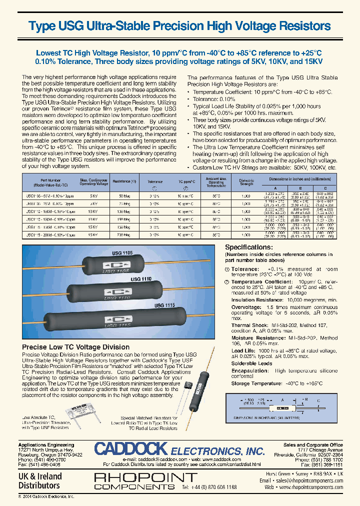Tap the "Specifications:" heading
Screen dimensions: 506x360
(248, 247)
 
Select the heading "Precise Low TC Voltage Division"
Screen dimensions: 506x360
(76, 347)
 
